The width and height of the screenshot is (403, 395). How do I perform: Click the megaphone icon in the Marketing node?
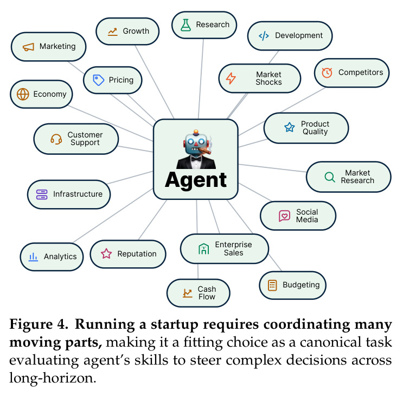click(x=28, y=47)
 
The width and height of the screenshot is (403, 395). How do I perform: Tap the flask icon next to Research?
click(x=185, y=25)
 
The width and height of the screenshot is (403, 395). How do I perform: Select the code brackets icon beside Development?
click(x=264, y=35)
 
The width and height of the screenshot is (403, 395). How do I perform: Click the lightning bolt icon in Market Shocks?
click(x=231, y=78)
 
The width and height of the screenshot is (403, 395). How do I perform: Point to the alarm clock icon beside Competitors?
click(x=327, y=73)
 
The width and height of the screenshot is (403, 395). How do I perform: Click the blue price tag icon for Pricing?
click(x=98, y=80)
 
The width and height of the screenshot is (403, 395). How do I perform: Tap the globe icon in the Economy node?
click(x=23, y=94)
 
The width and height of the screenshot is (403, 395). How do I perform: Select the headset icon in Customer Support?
click(x=56, y=139)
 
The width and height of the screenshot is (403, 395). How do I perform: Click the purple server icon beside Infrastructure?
click(x=42, y=195)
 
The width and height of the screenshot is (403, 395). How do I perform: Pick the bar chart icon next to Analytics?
click(x=33, y=257)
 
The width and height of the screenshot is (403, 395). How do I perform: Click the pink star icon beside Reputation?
click(x=106, y=254)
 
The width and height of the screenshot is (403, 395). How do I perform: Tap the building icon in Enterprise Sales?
click(x=203, y=249)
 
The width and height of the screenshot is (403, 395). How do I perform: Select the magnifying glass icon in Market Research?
click(x=330, y=177)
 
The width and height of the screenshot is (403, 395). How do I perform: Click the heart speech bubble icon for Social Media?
click(x=284, y=216)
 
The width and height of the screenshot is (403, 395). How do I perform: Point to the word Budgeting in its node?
click(x=301, y=285)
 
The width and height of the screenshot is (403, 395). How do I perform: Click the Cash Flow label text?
click(x=207, y=293)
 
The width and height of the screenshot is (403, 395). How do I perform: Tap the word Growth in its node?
click(x=136, y=31)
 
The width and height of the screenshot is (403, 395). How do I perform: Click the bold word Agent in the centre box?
click(x=196, y=180)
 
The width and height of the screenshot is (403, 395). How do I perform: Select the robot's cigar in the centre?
click(x=204, y=151)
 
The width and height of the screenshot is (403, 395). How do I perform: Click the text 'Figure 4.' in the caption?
click(x=39, y=324)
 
